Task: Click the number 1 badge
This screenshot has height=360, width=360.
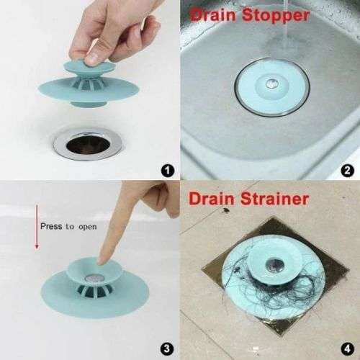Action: tap(166, 170)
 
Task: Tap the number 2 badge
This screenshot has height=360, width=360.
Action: tap(347, 170)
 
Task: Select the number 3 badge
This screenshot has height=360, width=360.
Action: tap(166, 348)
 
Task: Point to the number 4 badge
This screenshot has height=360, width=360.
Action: tap(347, 348)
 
